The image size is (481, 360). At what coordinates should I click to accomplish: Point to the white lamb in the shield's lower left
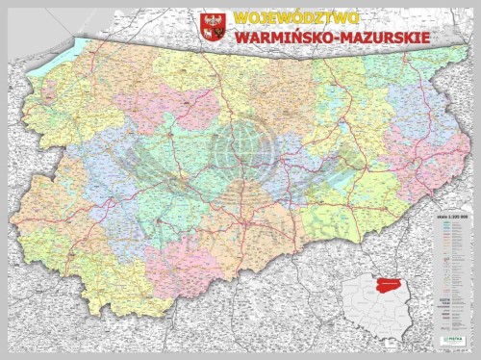coord(207,35)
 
